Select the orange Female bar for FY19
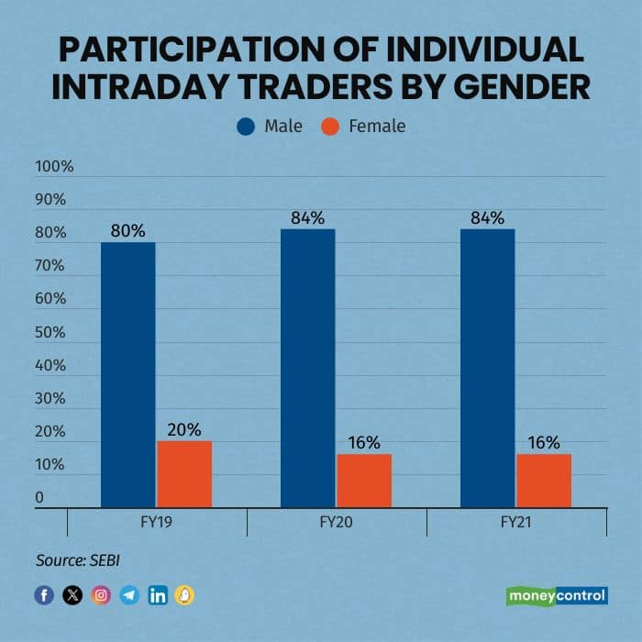184,474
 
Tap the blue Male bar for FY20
307,367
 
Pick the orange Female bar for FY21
544,481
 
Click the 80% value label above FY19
127,231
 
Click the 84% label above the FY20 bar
307,217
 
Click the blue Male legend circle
246,126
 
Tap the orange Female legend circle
332,126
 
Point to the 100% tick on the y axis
54,167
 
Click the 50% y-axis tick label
50,332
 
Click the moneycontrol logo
557,595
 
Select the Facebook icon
44,595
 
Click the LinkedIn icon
158,595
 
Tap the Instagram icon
101,595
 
